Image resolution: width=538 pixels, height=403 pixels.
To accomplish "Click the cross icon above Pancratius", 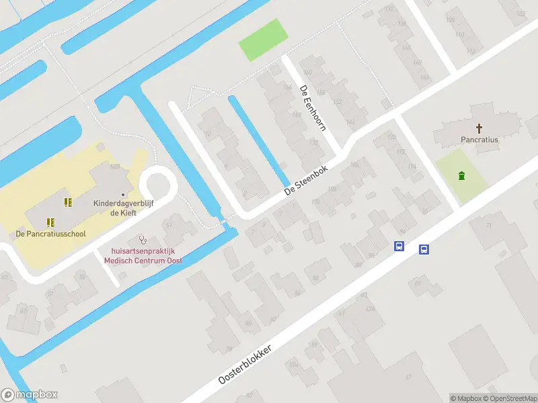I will tap(479, 128).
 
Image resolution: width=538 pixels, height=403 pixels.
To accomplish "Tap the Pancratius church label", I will tap(479, 140).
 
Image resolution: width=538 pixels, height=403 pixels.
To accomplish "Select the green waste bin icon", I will tap(461, 176).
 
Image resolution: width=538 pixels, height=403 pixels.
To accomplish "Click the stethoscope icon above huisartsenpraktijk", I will tap(141, 239).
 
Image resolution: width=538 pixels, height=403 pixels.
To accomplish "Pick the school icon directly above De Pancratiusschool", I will tap(50, 222).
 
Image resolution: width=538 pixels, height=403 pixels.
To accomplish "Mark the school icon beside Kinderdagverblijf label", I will tap(67, 201).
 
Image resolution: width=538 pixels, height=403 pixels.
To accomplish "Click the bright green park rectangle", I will tap(262, 40).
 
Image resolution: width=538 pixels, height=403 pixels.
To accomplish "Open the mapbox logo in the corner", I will tap(30, 395).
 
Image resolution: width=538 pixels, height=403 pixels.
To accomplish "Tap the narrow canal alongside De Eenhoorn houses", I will tap(258, 140).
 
